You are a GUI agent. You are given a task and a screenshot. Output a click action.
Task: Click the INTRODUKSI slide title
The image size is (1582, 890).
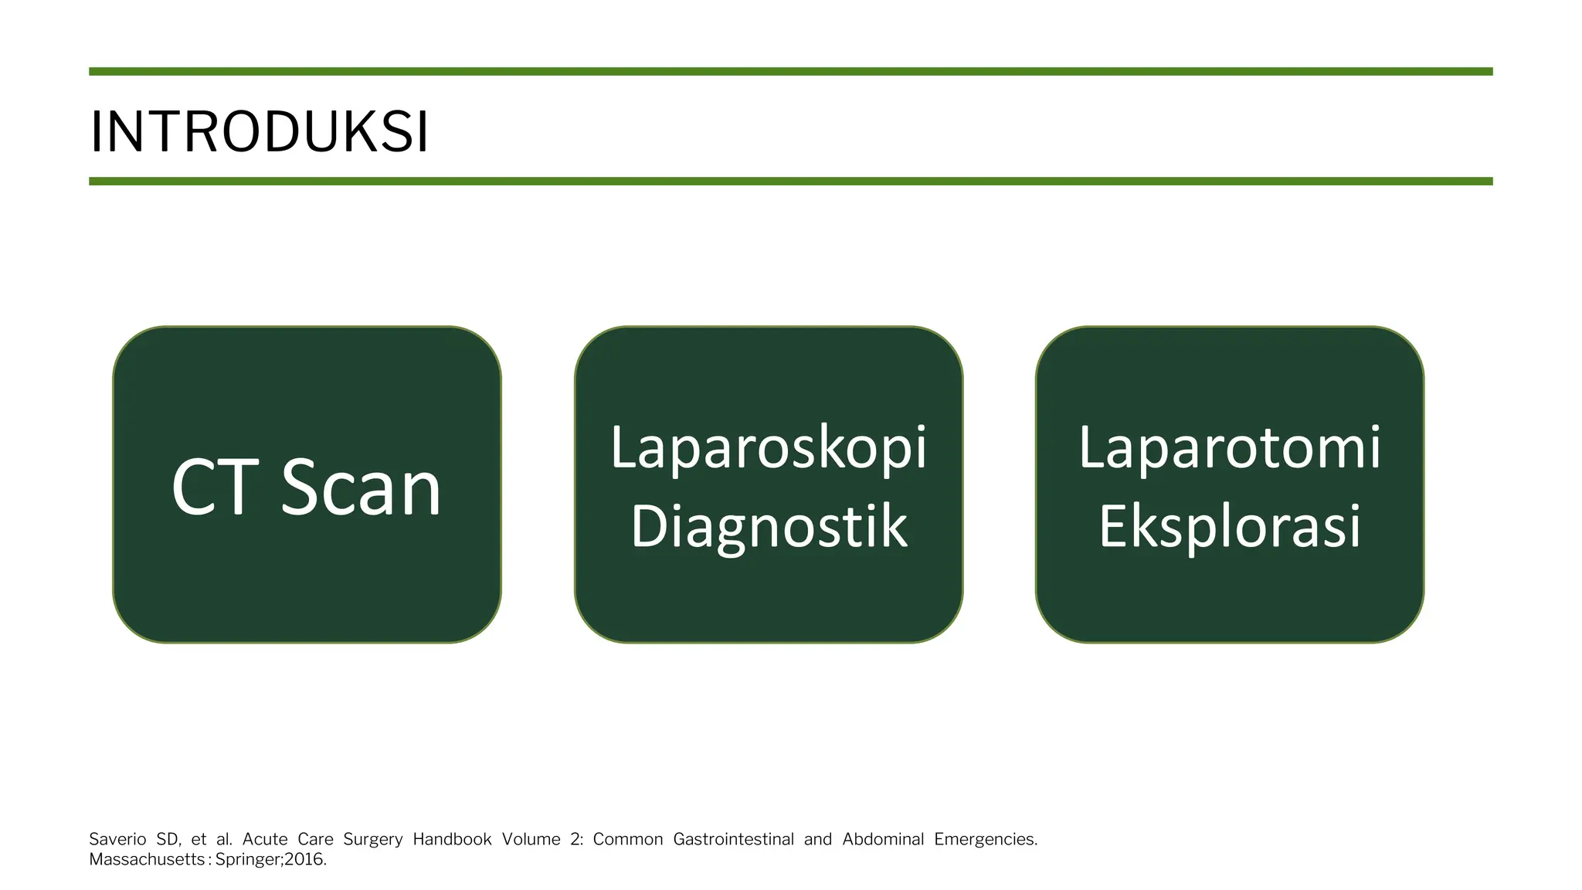click(259, 132)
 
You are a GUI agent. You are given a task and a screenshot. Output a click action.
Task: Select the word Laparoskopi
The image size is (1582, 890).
click(768, 448)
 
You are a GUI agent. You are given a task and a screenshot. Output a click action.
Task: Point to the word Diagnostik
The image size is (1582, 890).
click(769, 527)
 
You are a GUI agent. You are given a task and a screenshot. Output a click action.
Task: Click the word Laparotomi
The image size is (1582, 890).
click(1229, 447)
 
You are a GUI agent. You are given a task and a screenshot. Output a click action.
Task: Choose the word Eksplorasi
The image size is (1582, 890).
click(1229, 527)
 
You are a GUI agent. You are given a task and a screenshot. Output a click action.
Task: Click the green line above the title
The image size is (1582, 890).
click(790, 71)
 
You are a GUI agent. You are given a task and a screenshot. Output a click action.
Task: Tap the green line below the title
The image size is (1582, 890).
click(790, 182)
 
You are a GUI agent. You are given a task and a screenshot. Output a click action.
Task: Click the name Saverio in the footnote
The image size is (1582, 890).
click(117, 839)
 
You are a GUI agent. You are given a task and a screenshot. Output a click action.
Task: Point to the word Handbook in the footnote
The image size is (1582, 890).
click(452, 839)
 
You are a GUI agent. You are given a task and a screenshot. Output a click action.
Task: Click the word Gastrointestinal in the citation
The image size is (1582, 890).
click(733, 839)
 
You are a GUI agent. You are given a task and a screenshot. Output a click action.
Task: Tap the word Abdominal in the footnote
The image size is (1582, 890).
click(883, 839)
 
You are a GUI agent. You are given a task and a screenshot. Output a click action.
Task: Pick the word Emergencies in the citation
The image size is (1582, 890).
click(985, 840)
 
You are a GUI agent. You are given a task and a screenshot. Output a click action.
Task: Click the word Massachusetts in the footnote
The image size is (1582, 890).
click(146, 860)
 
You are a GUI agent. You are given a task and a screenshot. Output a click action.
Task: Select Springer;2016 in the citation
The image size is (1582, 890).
click(270, 860)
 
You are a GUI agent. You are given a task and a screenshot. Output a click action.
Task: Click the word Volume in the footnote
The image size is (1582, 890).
click(531, 839)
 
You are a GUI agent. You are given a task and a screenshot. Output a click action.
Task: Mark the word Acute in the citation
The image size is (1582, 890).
click(265, 839)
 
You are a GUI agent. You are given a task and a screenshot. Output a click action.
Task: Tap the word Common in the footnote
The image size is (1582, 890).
click(627, 839)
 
